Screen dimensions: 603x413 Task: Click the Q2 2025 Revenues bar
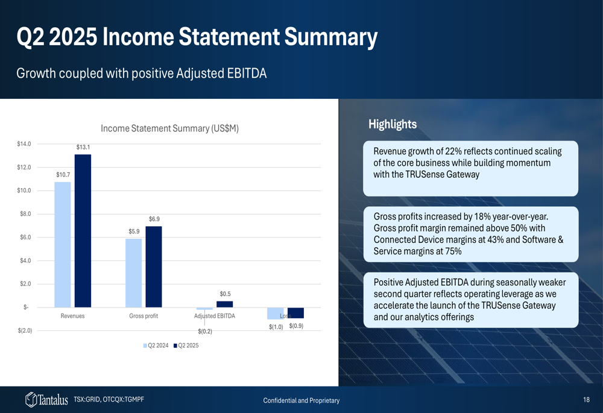pyautogui.click(x=83, y=231)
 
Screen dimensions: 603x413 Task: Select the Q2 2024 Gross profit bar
pyautogui.click(x=133, y=273)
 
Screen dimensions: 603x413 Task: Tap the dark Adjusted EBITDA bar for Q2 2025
pyautogui.click(x=224, y=304)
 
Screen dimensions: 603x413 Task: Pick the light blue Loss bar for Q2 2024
pyautogui.click(x=276, y=314)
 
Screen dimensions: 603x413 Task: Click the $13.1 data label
pyautogui.click(x=83, y=147)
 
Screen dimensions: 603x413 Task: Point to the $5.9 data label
pyautogui.click(x=134, y=232)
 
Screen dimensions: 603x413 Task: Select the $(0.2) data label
pyautogui.click(x=205, y=332)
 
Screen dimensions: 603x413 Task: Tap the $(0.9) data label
pyautogui.click(x=296, y=326)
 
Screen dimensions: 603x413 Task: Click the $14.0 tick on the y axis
pyautogui.click(x=24, y=144)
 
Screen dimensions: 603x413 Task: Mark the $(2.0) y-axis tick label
pyautogui.click(x=25, y=331)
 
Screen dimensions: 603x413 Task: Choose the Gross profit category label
pyautogui.click(x=144, y=316)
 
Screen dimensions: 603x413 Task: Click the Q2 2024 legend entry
pyautogui.click(x=156, y=345)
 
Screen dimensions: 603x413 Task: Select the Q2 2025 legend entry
pyautogui.click(x=186, y=345)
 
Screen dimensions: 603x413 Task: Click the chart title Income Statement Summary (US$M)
pyautogui.click(x=169, y=128)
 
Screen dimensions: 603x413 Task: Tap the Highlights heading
pyautogui.click(x=393, y=124)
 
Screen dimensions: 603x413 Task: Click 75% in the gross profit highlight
pyautogui.click(x=453, y=251)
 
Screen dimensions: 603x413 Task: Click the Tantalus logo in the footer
pyautogui.click(x=46, y=400)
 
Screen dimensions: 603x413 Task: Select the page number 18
pyautogui.click(x=586, y=400)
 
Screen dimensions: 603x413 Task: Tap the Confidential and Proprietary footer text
pyautogui.click(x=301, y=401)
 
